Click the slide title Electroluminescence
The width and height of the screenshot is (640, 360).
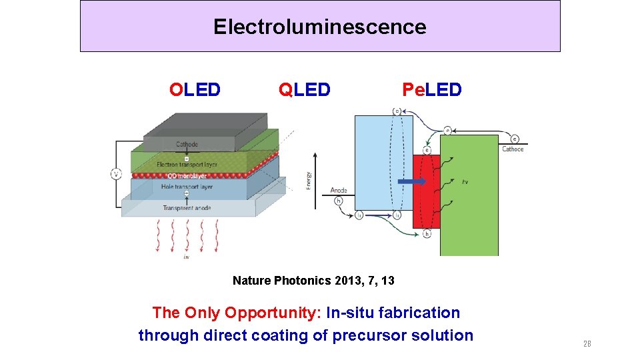click(319, 27)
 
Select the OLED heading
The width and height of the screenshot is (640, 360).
click(195, 89)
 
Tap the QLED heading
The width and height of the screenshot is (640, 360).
click(304, 89)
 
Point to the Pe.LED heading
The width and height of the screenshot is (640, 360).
click(431, 89)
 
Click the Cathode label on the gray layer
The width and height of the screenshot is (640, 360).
click(187, 144)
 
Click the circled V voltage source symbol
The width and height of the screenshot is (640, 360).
click(117, 174)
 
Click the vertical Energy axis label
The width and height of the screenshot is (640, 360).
click(309, 179)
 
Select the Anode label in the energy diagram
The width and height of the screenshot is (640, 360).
click(339, 191)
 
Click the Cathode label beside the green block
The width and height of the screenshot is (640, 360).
click(513, 149)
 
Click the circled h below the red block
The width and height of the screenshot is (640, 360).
click(426, 234)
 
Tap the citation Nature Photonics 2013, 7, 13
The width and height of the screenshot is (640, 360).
click(313, 281)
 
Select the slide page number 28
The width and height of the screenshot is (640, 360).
click(587, 344)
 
